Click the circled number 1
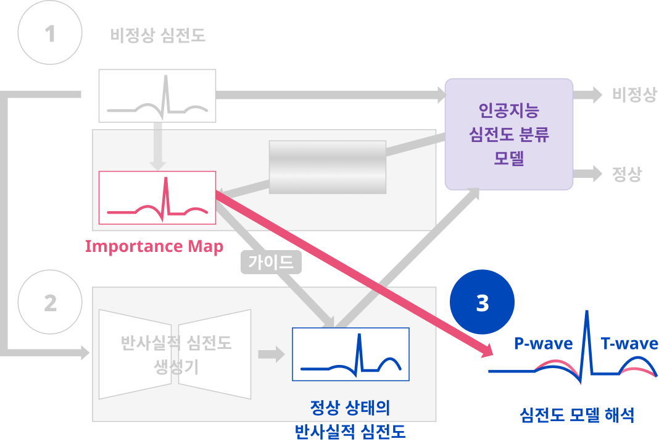click(50, 33)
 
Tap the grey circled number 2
click(50, 303)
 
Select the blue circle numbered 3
click(483, 303)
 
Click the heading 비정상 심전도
click(158, 36)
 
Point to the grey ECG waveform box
click(158, 96)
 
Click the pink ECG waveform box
click(157, 198)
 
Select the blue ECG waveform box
click(350, 354)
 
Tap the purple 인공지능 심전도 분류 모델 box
click(509, 134)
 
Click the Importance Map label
click(154, 246)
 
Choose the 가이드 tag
click(271, 262)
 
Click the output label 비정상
click(634, 94)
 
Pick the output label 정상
click(627, 174)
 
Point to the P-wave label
click(543, 343)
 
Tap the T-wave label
click(629, 343)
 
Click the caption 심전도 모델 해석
click(577, 414)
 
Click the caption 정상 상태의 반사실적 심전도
click(350, 419)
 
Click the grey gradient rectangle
click(328, 167)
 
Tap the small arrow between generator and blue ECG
click(271, 354)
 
